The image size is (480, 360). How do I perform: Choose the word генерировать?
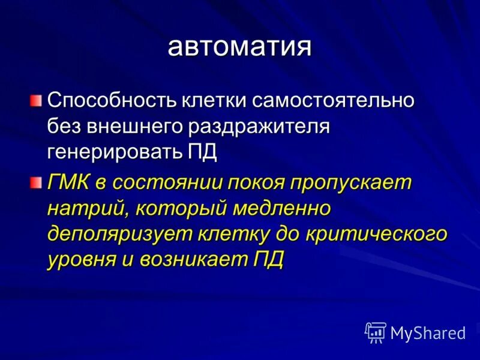[x=114, y=152]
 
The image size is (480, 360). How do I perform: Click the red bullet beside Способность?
[x=37, y=98]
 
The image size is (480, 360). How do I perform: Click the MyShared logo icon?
[x=376, y=332]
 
